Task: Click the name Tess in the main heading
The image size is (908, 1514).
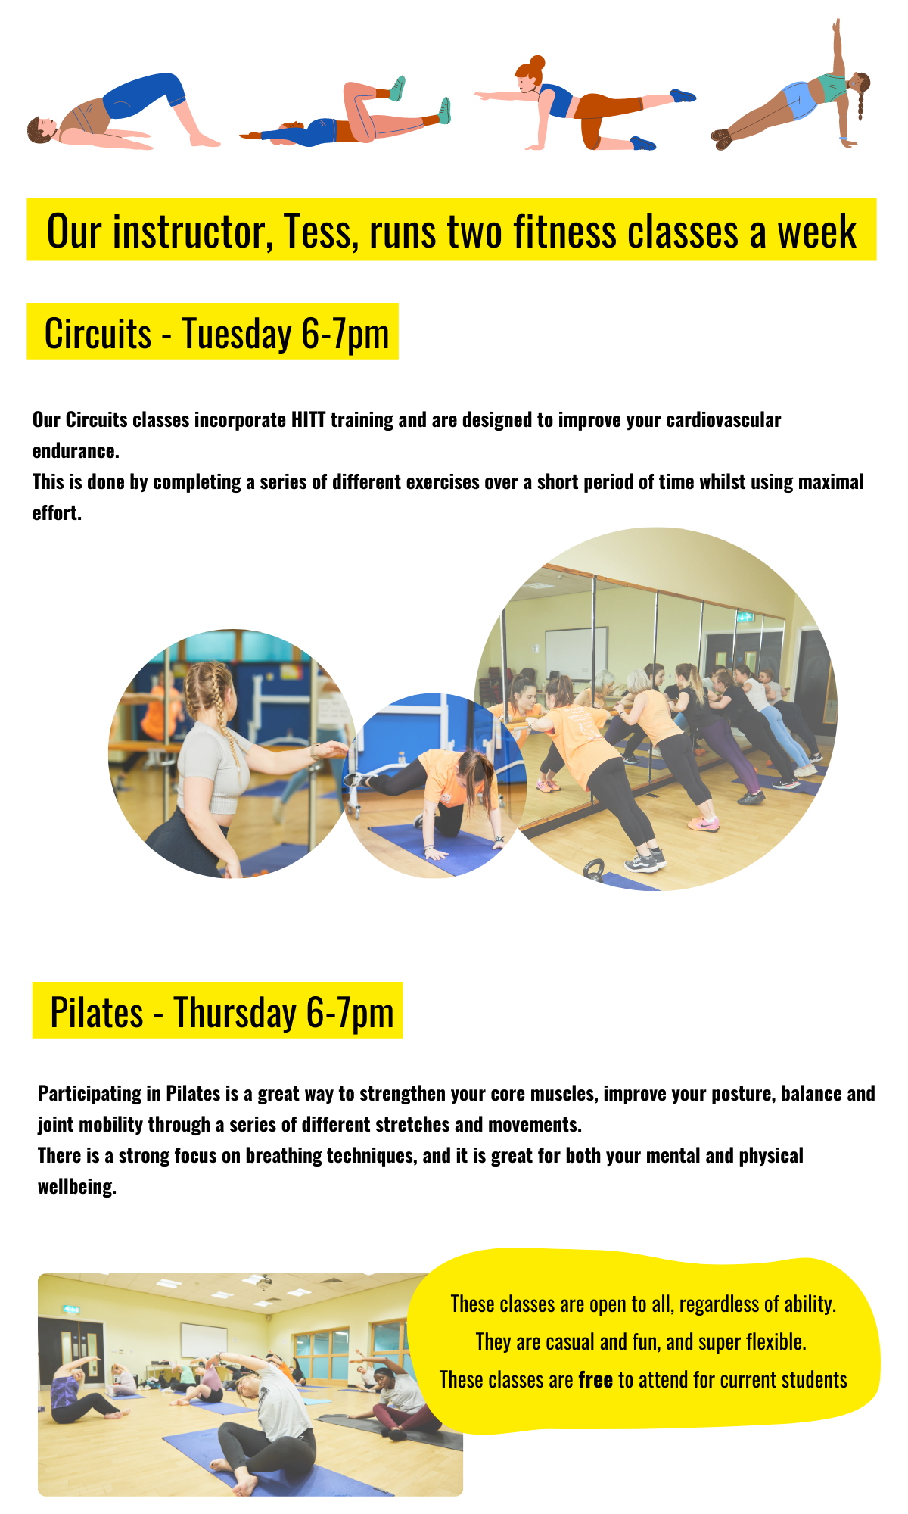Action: tap(317, 232)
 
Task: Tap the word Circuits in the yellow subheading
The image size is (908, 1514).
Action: tap(98, 334)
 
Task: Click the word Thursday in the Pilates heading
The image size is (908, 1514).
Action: tap(235, 1014)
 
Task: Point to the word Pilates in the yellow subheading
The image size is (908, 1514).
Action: tap(97, 1013)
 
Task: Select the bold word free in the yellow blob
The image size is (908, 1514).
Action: tap(595, 1380)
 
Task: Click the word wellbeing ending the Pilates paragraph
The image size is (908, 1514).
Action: tap(77, 1186)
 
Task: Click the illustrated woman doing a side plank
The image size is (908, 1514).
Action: tap(791, 91)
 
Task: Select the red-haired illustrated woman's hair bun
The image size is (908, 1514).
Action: tap(536, 62)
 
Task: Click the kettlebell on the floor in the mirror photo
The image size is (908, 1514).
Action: tap(594, 869)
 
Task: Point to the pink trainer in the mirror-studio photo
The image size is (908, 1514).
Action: tap(703, 824)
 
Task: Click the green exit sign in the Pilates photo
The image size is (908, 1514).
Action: tap(72, 1309)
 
